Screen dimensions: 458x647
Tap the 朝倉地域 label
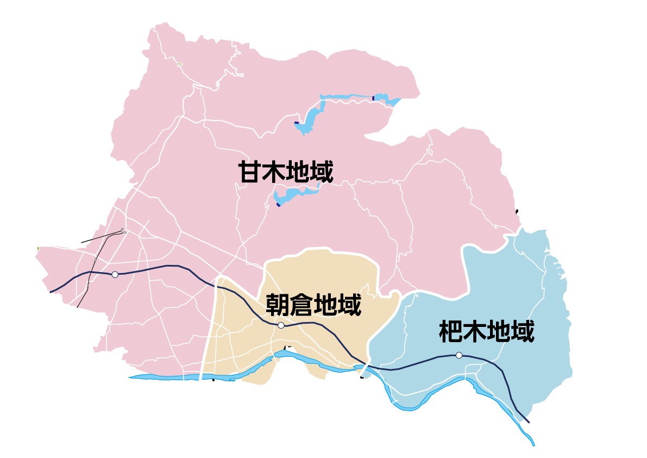[313, 305]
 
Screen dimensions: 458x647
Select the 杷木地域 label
[486, 331]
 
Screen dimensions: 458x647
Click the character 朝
[278, 305]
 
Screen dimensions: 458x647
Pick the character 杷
[450, 331]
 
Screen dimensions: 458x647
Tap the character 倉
[301, 305]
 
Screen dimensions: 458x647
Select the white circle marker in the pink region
[115, 274]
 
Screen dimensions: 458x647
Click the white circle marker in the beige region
[281, 325]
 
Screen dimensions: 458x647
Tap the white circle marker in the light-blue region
[459, 355]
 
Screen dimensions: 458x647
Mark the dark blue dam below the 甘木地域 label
[278, 205]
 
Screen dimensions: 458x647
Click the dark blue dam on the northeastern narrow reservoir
[373, 98]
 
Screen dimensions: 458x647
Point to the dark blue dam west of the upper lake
[296, 123]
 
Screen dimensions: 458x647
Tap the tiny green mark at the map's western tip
[38, 248]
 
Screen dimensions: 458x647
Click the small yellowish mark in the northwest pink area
[180, 64]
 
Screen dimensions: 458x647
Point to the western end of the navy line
[51, 292]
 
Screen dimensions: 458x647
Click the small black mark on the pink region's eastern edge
[516, 211]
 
